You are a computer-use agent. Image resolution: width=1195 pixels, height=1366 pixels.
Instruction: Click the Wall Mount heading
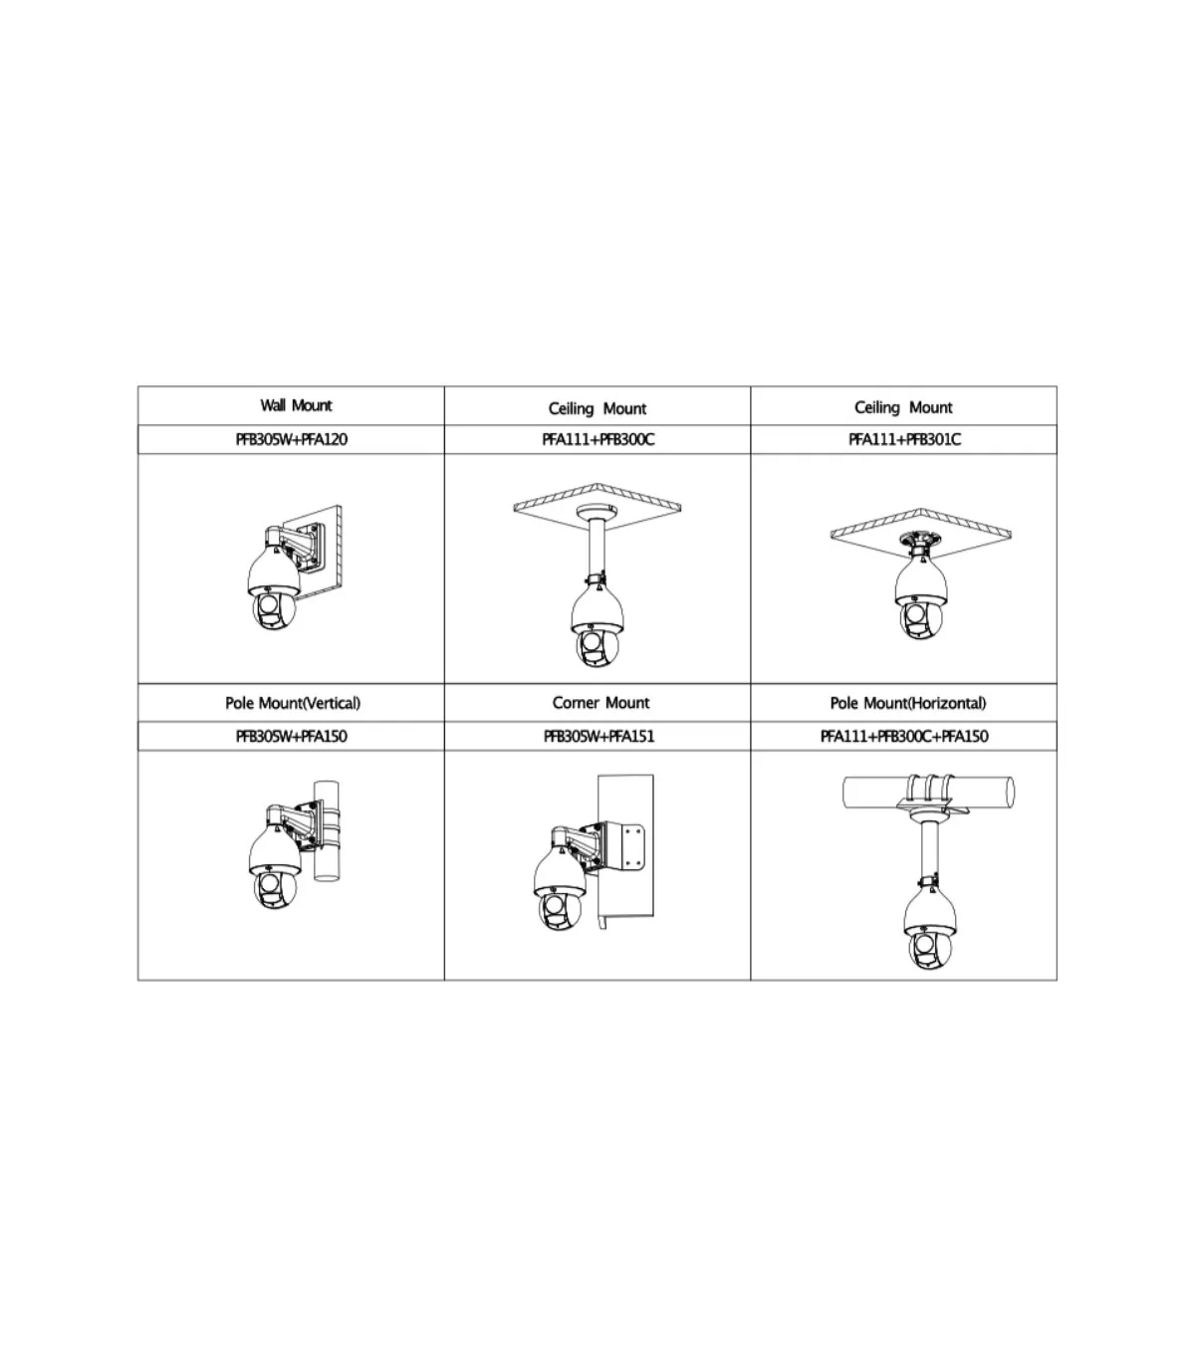click(x=296, y=405)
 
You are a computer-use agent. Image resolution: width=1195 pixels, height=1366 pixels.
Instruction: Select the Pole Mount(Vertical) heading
click(x=293, y=703)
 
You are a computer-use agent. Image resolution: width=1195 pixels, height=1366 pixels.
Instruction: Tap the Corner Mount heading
click(x=600, y=702)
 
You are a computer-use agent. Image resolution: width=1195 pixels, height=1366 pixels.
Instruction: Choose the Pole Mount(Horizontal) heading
click(x=908, y=703)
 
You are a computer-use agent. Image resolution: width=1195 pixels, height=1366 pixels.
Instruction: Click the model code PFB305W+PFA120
click(x=291, y=439)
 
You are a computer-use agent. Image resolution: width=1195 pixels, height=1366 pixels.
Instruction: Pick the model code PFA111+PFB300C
click(x=598, y=439)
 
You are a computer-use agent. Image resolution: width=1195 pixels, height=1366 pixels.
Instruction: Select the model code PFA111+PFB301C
click(x=904, y=439)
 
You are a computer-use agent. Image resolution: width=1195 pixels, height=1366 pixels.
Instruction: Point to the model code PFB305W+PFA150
click(x=291, y=737)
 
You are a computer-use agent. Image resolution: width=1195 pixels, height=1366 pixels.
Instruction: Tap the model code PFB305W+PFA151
click(x=598, y=737)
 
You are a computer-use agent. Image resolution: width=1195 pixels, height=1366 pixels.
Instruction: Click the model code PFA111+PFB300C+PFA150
click(x=904, y=737)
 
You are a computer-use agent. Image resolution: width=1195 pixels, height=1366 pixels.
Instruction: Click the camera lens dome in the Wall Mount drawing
click(x=274, y=611)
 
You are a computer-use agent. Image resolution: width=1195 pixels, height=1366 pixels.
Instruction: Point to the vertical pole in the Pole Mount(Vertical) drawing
click(x=326, y=830)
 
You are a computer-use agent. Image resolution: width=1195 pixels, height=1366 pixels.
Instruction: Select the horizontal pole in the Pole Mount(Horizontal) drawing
click(x=929, y=792)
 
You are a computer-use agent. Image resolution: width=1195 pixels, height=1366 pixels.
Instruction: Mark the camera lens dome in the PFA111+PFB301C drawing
click(x=920, y=619)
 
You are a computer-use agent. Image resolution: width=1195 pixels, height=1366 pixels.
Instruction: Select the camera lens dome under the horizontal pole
click(x=930, y=949)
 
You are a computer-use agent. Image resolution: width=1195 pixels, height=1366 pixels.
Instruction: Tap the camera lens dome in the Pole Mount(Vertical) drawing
click(x=275, y=889)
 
